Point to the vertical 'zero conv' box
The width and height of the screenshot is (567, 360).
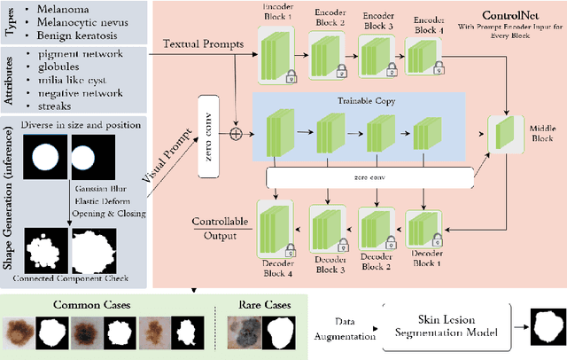pos(209,137)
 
